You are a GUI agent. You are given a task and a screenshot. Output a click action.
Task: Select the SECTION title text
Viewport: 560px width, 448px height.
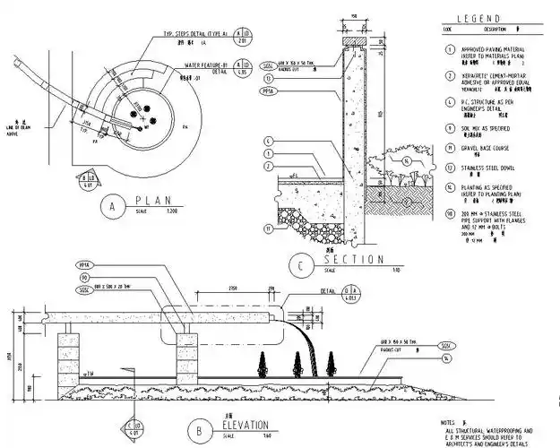click(353, 259)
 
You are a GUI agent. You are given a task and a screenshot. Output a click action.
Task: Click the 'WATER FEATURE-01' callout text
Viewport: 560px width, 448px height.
click(207, 65)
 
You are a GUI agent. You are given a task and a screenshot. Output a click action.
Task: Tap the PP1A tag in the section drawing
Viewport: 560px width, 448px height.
click(267, 91)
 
